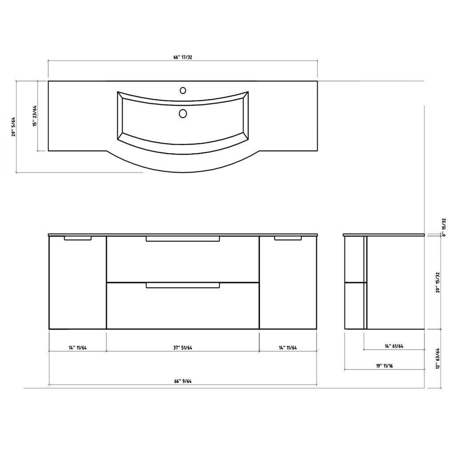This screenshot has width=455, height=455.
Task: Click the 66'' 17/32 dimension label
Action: [x=183, y=57]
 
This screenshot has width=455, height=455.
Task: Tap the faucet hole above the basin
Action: [x=183, y=90]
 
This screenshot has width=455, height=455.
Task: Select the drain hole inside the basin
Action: [x=183, y=113]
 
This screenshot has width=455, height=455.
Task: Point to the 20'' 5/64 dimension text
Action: [x=13, y=127]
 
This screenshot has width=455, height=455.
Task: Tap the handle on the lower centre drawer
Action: [x=183, y=285]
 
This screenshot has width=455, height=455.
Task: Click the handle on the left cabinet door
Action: [x=78, y=238]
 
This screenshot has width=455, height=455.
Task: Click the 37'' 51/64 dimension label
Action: [x=183, y=348]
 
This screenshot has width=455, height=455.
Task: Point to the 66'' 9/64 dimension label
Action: [x=183, y=381]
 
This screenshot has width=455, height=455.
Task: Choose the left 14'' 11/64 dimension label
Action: [x=77, y=348]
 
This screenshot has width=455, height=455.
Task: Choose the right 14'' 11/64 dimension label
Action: [x=288, y=348]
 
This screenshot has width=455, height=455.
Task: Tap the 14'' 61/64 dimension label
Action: [x=394, y=346]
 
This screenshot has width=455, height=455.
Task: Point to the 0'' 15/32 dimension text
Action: [x=444, y=227]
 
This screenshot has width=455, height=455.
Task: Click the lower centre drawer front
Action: [x=183, y=309]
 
